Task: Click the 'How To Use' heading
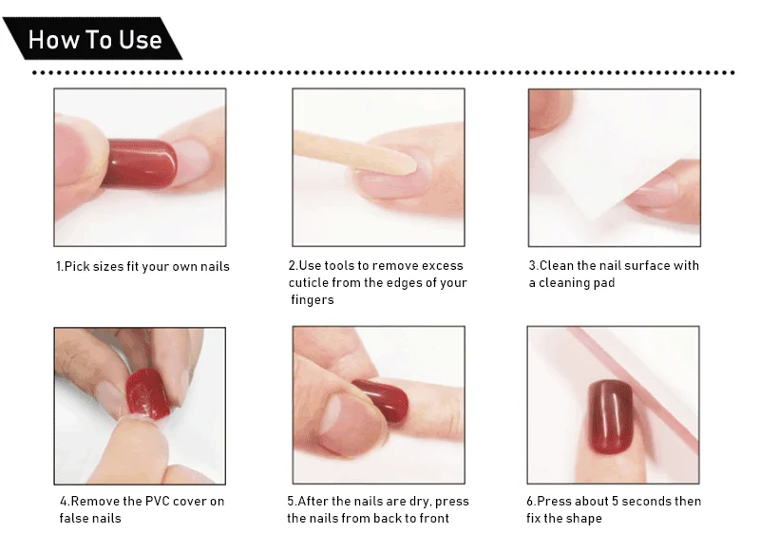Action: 95,39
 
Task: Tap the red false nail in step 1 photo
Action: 140,163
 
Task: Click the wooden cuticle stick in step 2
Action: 353,152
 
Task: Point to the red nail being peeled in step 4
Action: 148,393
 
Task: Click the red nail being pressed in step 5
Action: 383,400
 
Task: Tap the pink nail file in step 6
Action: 639,388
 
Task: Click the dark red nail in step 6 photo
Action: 611,417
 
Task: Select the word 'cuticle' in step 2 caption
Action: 308,282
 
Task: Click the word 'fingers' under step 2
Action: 313,300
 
